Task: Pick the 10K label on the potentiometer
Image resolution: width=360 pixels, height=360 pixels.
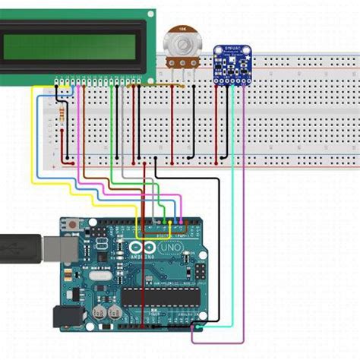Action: coord(182,28)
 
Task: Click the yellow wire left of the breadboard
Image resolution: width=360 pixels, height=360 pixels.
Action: coord(32,137)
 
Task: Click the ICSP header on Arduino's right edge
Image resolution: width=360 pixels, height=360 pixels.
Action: coord(199,271)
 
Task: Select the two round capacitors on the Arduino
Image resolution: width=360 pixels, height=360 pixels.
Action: coord(106,311)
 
